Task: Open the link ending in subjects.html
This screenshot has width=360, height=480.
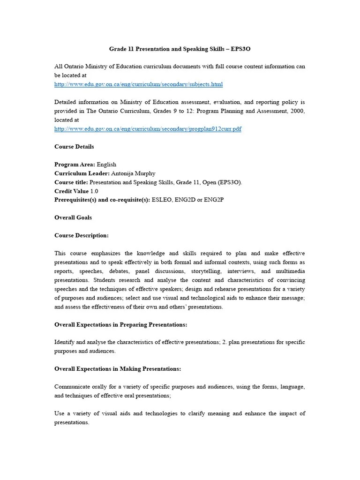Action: pyautogui.click(x=138, y=84)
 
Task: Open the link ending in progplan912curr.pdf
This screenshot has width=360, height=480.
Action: pyautogui.click(x=148, y=128)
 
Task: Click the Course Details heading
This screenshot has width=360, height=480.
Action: pyautogui.click(x=74, y=147)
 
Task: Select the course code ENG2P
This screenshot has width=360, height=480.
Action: pyautogui.click(x=214, y=200)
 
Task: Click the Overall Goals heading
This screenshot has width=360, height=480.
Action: pyautogui.click(x=73, y=217)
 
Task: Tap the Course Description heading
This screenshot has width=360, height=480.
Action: pyautogui.click(x=81, y=235)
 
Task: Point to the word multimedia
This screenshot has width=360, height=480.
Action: pyautogui.click(x=290, y=271)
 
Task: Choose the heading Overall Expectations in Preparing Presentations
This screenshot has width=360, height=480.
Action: pyautogui.click(x=120, y=324)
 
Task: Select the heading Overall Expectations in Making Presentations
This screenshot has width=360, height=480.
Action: pyautogui.click(x=117, y=369)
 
